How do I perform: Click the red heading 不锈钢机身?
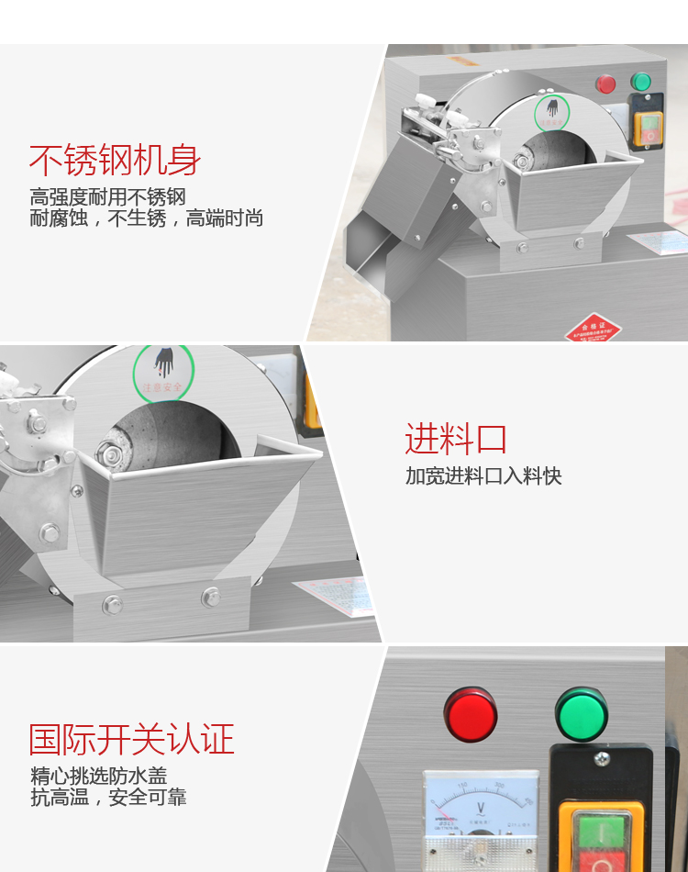pos(115,161)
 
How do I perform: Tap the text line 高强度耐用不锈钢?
pos(107,197)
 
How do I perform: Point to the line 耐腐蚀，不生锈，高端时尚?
pos(147,218)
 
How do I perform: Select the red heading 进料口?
pos(456,440)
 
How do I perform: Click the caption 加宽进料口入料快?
pos(483,475)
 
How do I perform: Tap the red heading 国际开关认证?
pos(132,739)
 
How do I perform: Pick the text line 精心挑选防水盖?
pos(99,777)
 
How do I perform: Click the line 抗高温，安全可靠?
pos(108,798)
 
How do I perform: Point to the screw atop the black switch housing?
pos(601,759)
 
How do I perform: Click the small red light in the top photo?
pos(606,84)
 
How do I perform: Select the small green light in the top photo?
pos(641,82)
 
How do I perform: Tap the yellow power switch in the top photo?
pos(649,129)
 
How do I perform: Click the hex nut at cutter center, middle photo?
pos(113,454)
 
